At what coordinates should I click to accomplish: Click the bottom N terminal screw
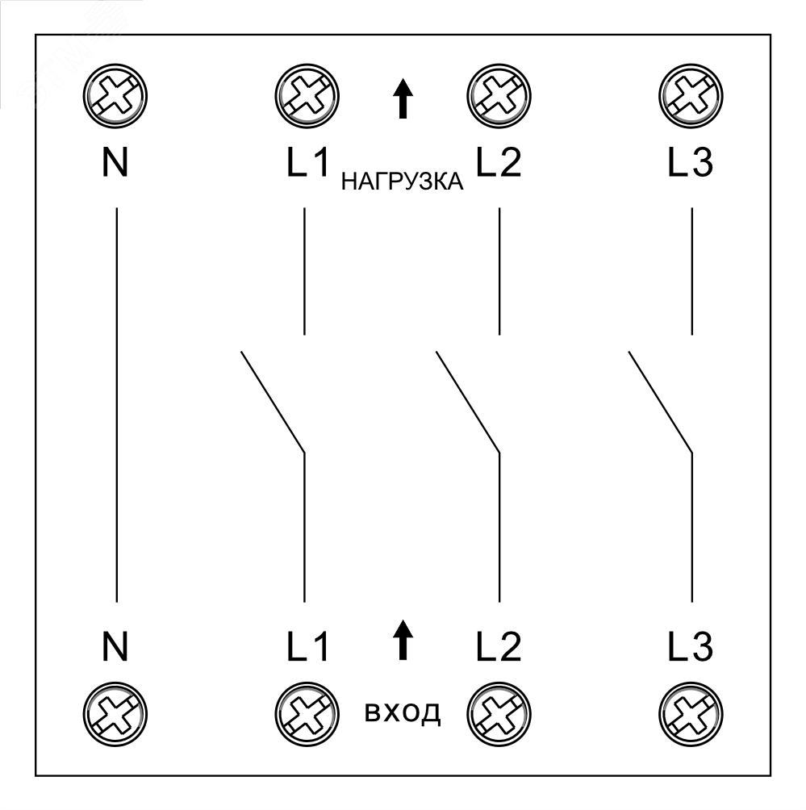[116, 712]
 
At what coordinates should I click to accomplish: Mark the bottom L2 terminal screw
[498, 712]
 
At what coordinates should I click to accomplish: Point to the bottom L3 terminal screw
[691, 712]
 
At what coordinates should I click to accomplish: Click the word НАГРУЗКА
[403, 182]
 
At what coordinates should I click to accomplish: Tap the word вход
[403, 713]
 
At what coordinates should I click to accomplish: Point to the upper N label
[116, 163]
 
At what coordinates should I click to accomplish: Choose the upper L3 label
[691, 163]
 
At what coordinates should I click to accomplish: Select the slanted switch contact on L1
[272, 401]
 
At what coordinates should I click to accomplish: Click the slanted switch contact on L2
[467, 401]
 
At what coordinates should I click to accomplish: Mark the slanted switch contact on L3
[660, 401]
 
